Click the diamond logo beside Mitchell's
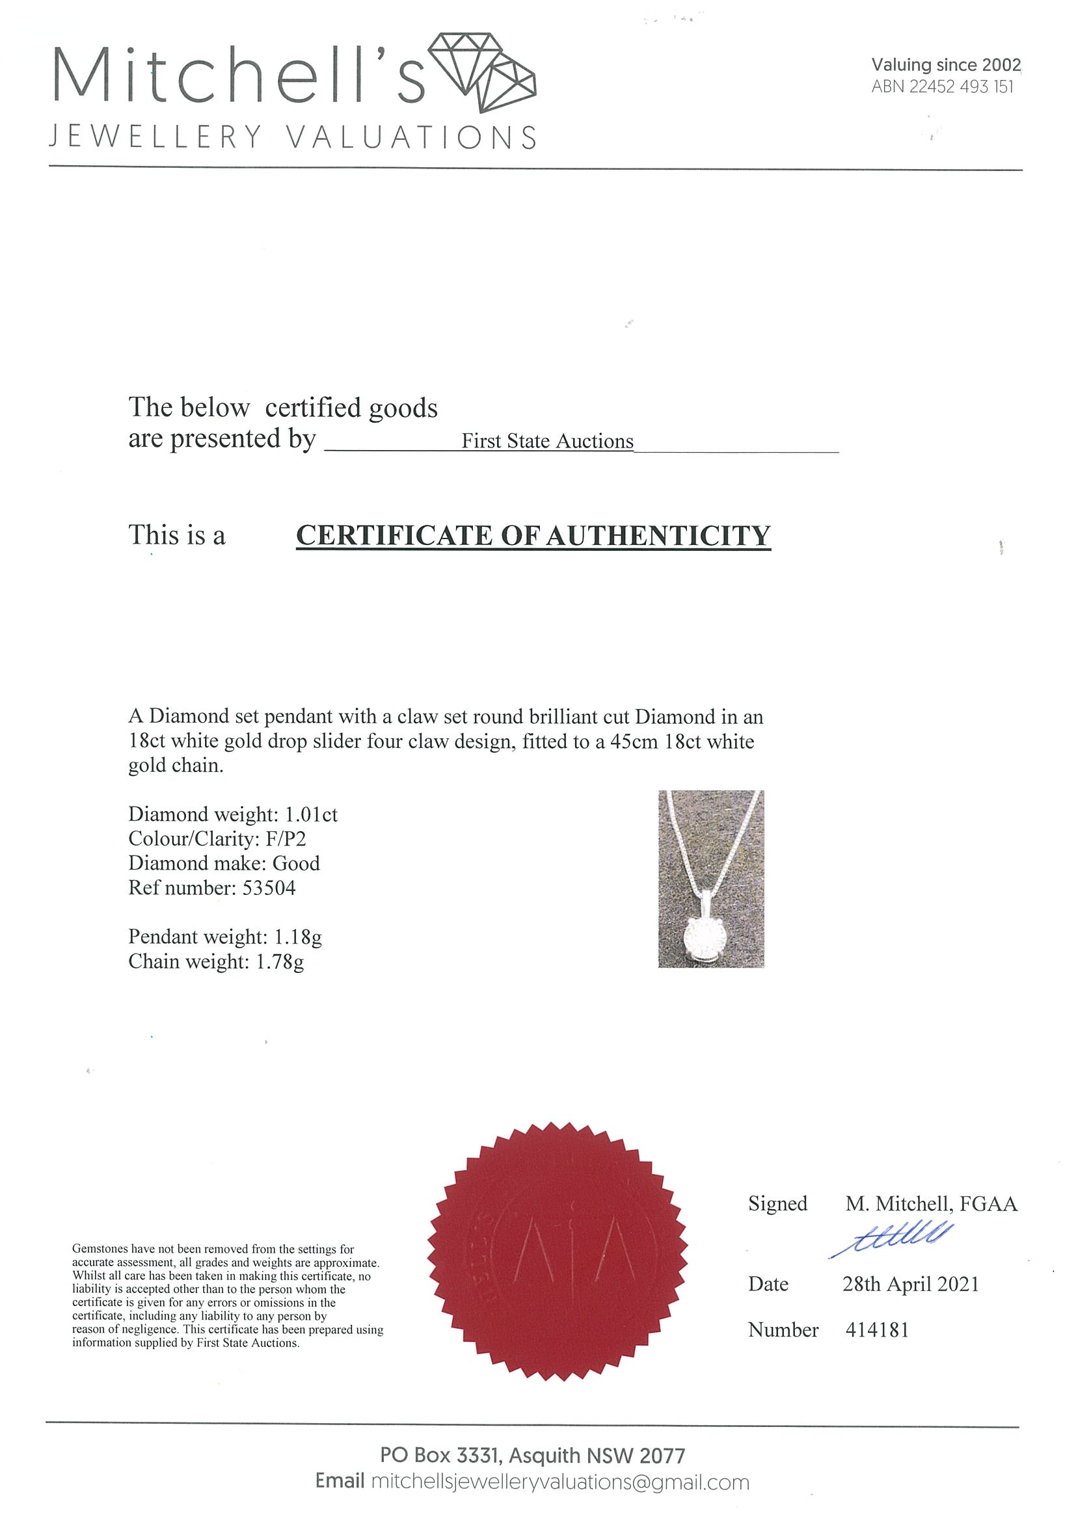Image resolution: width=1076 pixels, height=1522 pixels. point(482,72)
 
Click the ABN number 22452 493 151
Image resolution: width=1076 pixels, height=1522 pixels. point(961,87)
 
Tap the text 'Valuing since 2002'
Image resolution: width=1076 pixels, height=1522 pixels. point(945,65)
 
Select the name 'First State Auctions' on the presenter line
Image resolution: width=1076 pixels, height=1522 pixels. point(547,442)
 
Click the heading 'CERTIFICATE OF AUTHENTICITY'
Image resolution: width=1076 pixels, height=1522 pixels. point(533,535)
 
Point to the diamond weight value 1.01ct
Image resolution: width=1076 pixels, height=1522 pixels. point(311,815)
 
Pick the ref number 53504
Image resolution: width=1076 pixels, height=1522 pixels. point(269,888)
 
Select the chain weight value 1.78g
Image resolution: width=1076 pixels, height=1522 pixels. point(280,962)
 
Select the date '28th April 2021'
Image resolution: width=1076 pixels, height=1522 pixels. point(910,1285)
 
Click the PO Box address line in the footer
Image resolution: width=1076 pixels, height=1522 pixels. point(532,1456)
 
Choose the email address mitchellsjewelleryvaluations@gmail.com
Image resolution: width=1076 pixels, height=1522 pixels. point(559,1482)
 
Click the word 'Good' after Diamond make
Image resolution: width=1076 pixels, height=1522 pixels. point(296,864)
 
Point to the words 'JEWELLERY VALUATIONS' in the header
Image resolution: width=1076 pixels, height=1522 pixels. point(292,138)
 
